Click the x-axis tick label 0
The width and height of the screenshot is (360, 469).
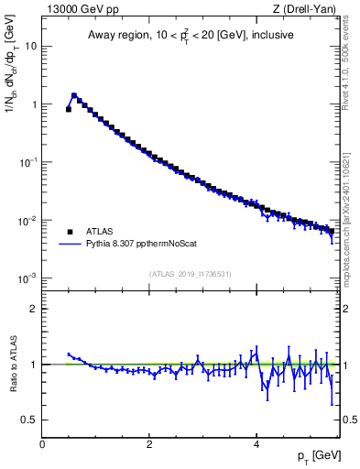(x=42, y=442)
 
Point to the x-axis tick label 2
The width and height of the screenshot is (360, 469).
(x=148, y=442)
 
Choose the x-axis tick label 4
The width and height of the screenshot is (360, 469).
(x=256, y=442)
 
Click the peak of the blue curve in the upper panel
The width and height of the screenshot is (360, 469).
(x=74, y=94)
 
